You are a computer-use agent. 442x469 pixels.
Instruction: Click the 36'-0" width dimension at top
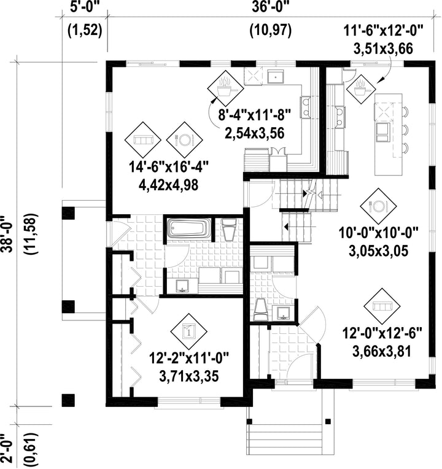[x=271, y=7]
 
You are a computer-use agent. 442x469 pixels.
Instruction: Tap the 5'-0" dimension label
[x=85, y=7]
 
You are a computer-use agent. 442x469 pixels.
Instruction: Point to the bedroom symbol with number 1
[x=188, y=331]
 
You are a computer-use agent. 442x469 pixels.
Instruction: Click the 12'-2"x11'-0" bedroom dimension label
[x=188, y=358]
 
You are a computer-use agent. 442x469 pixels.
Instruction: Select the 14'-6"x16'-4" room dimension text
[x=168, y=166]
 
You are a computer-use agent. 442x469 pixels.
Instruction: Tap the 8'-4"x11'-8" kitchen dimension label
[x=254, y=115]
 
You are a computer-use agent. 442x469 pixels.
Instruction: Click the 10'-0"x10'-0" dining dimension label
[x=378, y=233]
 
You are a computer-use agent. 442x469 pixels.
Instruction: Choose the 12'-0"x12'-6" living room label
[x=382, y=333]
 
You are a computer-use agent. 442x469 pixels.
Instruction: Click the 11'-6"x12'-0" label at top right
[x=384, y=30]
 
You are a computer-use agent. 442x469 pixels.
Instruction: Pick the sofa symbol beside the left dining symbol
[x=143, y=140]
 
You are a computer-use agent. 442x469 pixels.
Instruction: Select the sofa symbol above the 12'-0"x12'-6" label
[x=382, y=306]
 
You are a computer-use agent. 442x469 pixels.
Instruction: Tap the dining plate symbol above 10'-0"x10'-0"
[x=378, y=206]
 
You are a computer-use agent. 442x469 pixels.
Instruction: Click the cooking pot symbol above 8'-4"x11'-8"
[x=225, y=88]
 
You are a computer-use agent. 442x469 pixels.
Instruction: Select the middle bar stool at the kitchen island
[x=405, y=130]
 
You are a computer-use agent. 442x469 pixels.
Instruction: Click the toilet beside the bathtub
[x=230, y=229]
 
